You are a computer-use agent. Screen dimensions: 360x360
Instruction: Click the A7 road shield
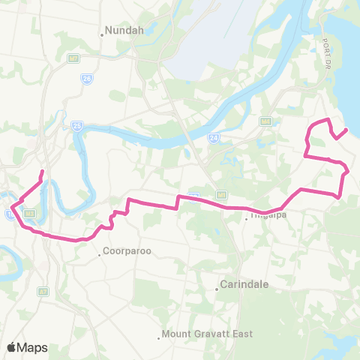43,291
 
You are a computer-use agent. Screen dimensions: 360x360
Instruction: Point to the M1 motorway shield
193,196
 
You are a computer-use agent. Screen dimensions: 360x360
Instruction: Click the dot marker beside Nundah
102,33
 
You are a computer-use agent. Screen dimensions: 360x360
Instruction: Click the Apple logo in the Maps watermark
12,346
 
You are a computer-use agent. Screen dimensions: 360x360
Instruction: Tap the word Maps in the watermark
33,347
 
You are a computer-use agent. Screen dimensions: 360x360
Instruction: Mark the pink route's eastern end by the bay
345,130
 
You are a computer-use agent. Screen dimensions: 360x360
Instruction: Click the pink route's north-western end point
41,172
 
